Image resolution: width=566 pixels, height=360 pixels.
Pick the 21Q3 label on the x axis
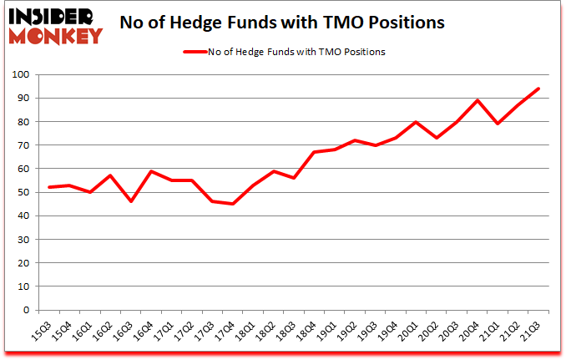coord(529,328)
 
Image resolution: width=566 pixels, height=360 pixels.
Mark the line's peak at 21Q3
coord(538,89)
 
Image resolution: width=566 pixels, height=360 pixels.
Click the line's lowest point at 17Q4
coord(234,204)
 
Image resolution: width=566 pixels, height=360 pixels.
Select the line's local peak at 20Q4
coord(478,100)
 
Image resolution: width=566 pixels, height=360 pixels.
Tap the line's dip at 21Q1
coord(498,124)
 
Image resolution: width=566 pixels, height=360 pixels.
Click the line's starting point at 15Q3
coord(50,187)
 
